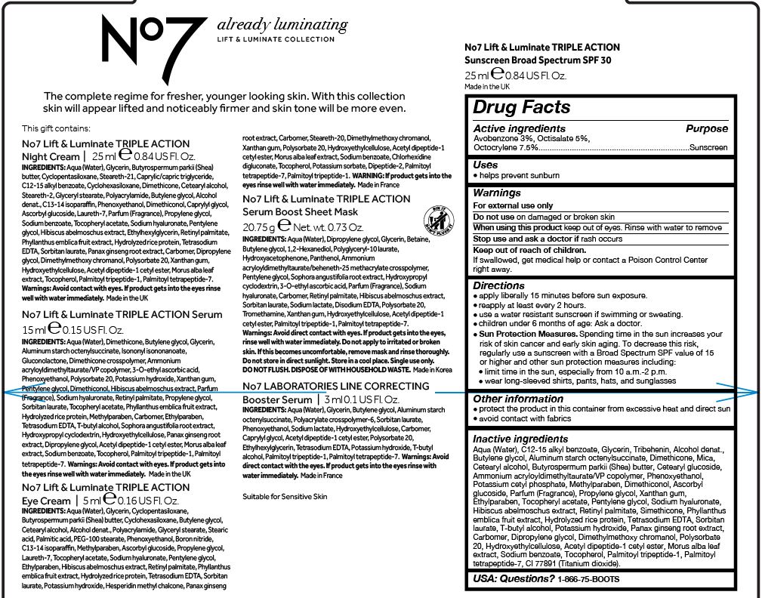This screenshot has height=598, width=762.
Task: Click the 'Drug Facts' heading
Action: tap(521, 107)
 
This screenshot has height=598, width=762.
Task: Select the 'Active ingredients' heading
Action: tap(519, 129)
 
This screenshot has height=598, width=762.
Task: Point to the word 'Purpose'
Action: tap(706, 129)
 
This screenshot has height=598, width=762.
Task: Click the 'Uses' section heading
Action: tap(485, 165)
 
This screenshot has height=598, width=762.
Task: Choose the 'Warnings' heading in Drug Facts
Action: tap(496, 193)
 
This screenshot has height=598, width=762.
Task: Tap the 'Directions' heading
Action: tap(498, 285)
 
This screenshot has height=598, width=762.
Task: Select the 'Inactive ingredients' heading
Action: tap(521, 439)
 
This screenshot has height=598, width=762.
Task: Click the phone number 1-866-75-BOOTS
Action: tap(588, 579)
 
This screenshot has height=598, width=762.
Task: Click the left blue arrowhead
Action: tap(9, 391)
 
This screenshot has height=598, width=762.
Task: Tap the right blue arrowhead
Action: tap(752, 390)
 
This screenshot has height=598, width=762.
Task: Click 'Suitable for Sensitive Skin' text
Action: tap(285, 496)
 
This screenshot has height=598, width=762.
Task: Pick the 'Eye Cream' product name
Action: tap(46, 501)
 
